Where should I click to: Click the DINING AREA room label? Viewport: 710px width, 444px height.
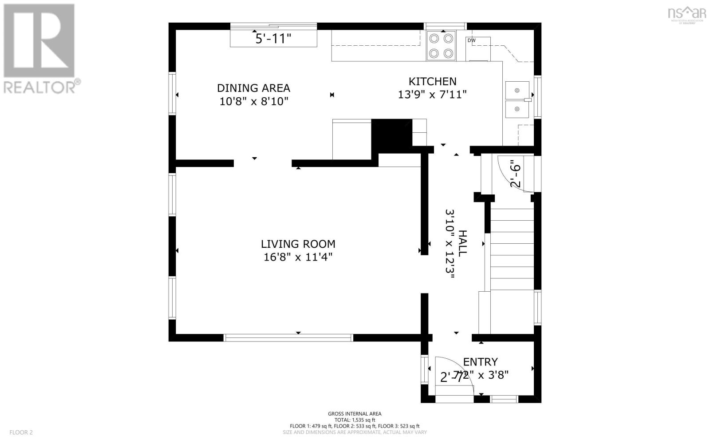tap(253, 88)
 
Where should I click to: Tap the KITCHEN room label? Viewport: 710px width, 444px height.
tap(432, 81)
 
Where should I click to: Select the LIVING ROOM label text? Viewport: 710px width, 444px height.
tap(298, 244)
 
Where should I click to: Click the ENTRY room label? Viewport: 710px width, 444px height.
tap(480, 361)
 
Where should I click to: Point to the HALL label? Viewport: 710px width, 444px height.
tap(462, 243)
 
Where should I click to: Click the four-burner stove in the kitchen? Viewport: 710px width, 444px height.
tap(441, 46)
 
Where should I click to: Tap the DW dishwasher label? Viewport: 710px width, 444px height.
tap(471, 41)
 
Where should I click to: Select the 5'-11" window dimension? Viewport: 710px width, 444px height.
tap(273, 39)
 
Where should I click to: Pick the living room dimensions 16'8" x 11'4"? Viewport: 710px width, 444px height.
tap(298, 257)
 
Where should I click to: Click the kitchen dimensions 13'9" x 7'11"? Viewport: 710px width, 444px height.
tap(432, 95)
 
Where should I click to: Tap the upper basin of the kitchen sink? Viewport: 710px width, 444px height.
tap(517, 91)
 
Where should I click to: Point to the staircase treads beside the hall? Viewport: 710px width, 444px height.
tap(512, 249)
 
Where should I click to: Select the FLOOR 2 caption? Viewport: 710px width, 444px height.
tap(21, 432)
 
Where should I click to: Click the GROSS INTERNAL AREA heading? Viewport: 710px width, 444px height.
tap(355, 414)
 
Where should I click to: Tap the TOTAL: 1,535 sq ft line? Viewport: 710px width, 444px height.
tap(355, 420)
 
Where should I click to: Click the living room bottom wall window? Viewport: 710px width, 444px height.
tap(288, 338)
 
